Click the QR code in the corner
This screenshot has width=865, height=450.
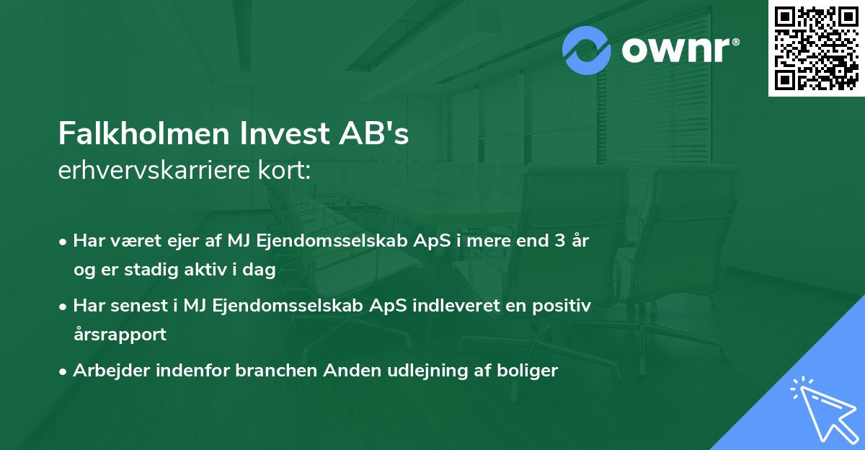(x=816, y=48)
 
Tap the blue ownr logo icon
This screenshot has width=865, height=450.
(x=587, y=50)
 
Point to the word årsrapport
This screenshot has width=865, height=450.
(x=120, y=335)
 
